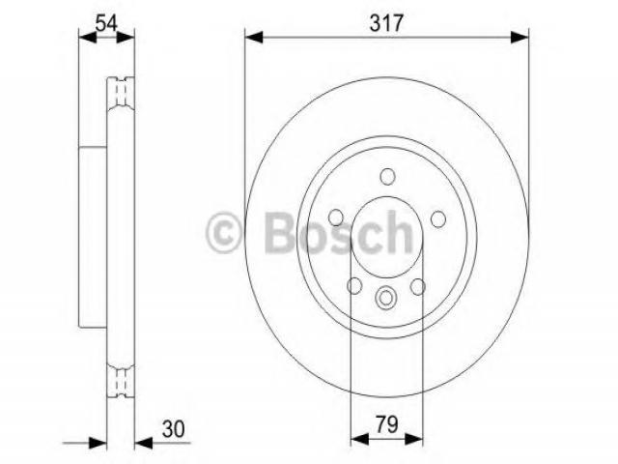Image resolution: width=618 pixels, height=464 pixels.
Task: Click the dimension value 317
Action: click(386, 23)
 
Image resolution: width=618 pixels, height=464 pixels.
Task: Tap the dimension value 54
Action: click(106, 23)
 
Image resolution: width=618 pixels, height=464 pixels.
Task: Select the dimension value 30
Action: click(173, 429)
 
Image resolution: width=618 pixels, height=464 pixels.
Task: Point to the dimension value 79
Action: click(386, 424)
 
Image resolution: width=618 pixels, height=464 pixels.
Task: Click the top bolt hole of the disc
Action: click(388, 176)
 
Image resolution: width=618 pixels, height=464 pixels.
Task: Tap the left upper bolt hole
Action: click(336, 217)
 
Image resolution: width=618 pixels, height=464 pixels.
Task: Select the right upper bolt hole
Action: click(437, 219)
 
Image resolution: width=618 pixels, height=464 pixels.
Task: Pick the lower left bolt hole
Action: click(354, 286)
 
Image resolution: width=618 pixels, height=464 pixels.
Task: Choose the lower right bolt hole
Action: click(418, 287)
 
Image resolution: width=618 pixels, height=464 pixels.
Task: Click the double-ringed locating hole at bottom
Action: click(386, 298)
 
